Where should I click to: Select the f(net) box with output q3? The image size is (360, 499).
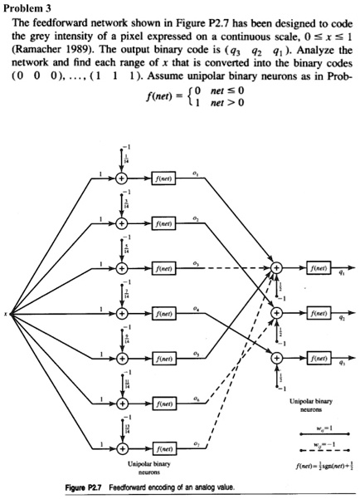tap(319, 358)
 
